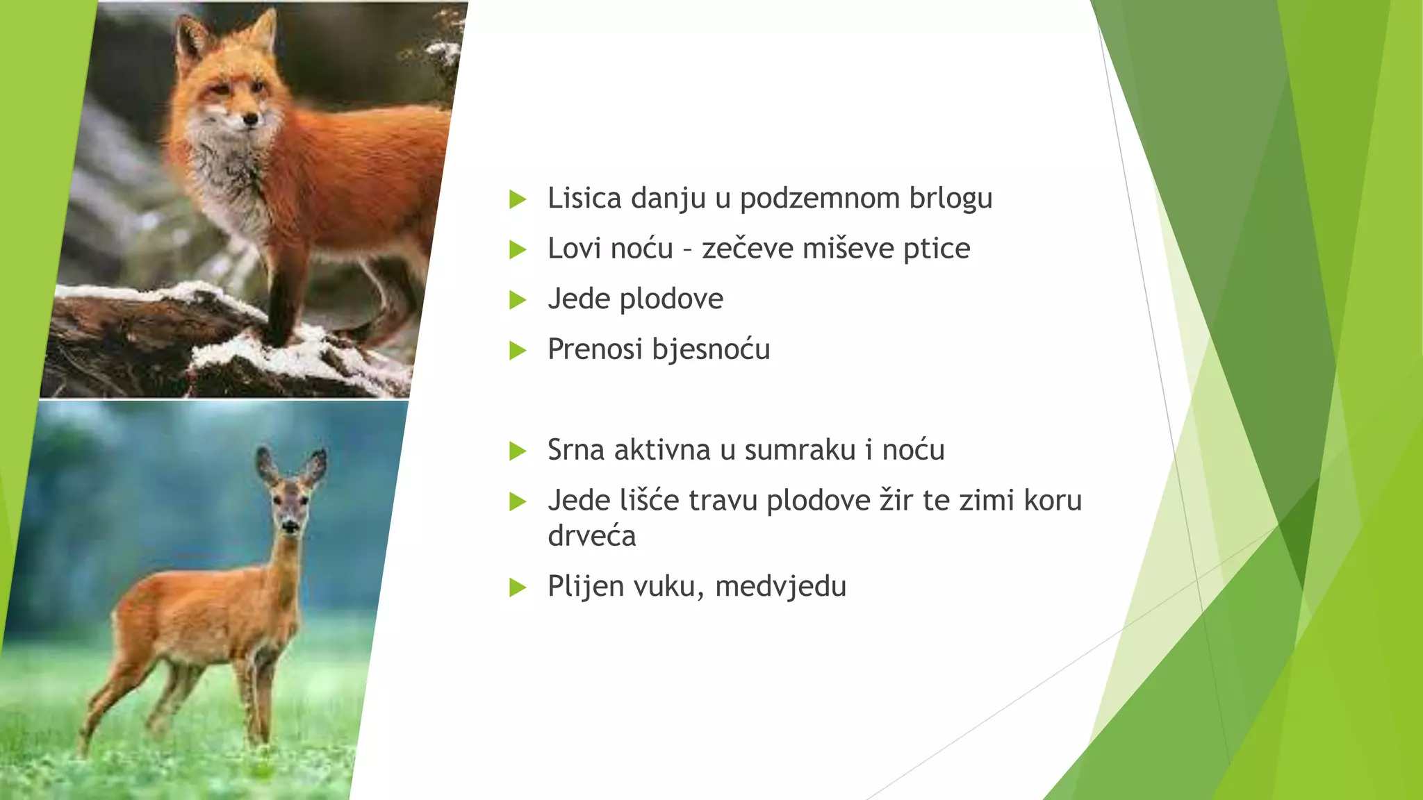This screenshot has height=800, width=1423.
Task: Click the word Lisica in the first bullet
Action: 584,198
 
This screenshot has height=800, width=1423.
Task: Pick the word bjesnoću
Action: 711,349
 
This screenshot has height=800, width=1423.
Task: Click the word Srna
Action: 576,450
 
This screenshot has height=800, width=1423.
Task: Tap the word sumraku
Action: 800,450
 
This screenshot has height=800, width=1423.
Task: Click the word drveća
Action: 591,536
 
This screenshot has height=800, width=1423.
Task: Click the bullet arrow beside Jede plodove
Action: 518,300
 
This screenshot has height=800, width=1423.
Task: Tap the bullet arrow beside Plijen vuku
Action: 518,587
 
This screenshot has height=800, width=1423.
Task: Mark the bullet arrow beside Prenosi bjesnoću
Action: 518,351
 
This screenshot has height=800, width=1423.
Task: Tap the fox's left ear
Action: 189,38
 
